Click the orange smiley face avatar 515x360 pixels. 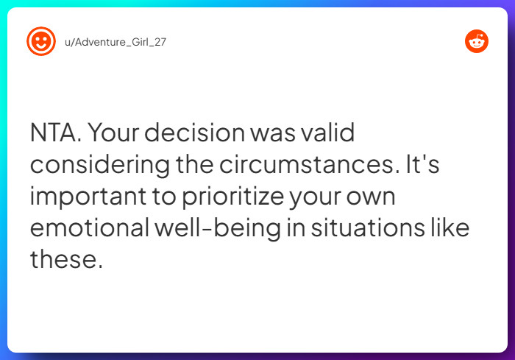41,41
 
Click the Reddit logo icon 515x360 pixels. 477,41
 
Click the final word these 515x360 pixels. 65,260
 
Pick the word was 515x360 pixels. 273,133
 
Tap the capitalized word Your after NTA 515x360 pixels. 125,133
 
